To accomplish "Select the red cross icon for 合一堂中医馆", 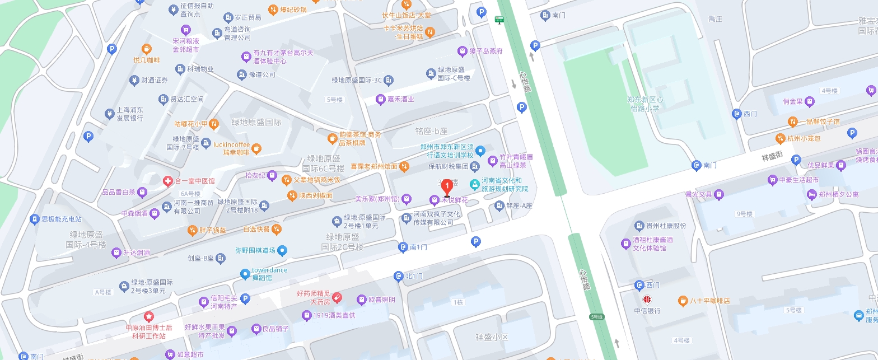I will point(167,181).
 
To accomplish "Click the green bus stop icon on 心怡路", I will point(498,20).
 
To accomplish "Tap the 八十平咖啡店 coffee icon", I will point(683,301).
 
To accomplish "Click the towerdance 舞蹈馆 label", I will point(269,273).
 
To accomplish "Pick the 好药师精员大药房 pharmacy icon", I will point(337,297).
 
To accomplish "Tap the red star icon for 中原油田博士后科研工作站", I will point(148,316).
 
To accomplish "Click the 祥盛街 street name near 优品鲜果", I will point(770,157).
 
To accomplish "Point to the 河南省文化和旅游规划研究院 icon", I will point(474,183).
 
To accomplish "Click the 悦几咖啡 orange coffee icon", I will point(146,49).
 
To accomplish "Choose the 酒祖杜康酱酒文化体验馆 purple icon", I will point(626,244).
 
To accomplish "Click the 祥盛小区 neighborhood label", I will point(491,337).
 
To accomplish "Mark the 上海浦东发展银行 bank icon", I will point(109,114).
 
